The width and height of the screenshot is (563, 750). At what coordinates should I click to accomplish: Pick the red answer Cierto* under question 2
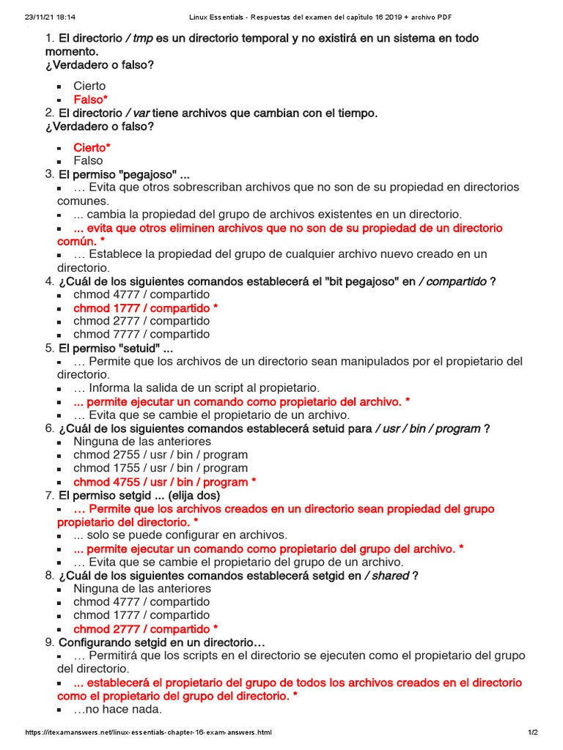pos(92,147)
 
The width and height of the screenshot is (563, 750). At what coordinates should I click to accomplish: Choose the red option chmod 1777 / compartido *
pos(145,308)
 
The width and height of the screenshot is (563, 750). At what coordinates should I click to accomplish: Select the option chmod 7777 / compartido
pos(141,334)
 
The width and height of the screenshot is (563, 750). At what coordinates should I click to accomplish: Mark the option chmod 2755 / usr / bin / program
pos(160,455)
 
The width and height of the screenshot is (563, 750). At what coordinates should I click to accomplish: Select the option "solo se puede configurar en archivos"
pos(180,535)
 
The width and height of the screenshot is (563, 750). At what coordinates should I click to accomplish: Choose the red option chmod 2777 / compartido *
pos(145,629)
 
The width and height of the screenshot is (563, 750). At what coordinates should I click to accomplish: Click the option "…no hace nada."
pos(117,709)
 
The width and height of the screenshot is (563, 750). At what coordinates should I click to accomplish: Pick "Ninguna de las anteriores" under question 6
pos(141,442)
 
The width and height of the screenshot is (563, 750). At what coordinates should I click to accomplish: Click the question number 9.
pos(50,642)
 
